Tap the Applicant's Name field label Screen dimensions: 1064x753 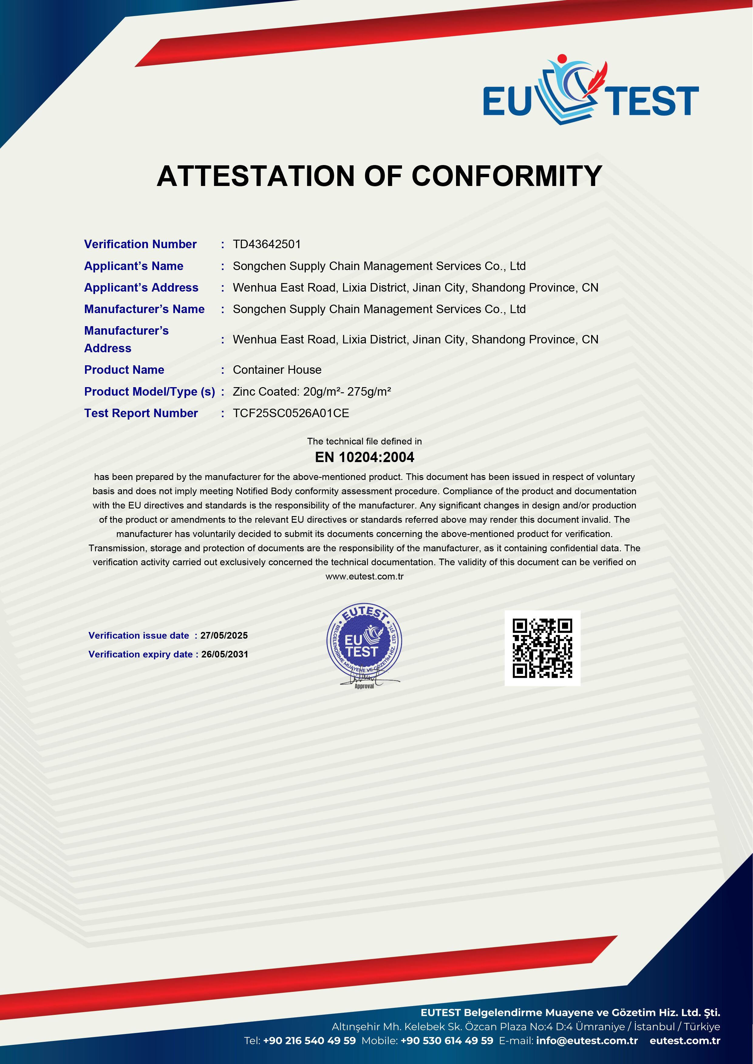tap(134, 266)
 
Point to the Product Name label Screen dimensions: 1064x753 tap(124, 370)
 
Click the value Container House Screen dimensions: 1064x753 tap(277, 370)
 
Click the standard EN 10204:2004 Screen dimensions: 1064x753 tap(364, 458)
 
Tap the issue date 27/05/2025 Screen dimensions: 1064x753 tap(224, 635)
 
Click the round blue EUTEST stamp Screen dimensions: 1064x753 tap(364, 642)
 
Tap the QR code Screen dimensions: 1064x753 tap(543, 648)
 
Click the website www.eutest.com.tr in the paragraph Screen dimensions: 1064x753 tap(364, 576)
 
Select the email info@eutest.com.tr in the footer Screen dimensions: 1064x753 tap(587, 1040)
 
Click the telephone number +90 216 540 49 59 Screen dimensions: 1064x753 tap(309, 1040)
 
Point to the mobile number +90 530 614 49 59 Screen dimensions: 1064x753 tap(447, 1040)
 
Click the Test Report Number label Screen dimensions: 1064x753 tap(141, 413)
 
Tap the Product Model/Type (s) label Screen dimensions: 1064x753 tap(149, 392)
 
